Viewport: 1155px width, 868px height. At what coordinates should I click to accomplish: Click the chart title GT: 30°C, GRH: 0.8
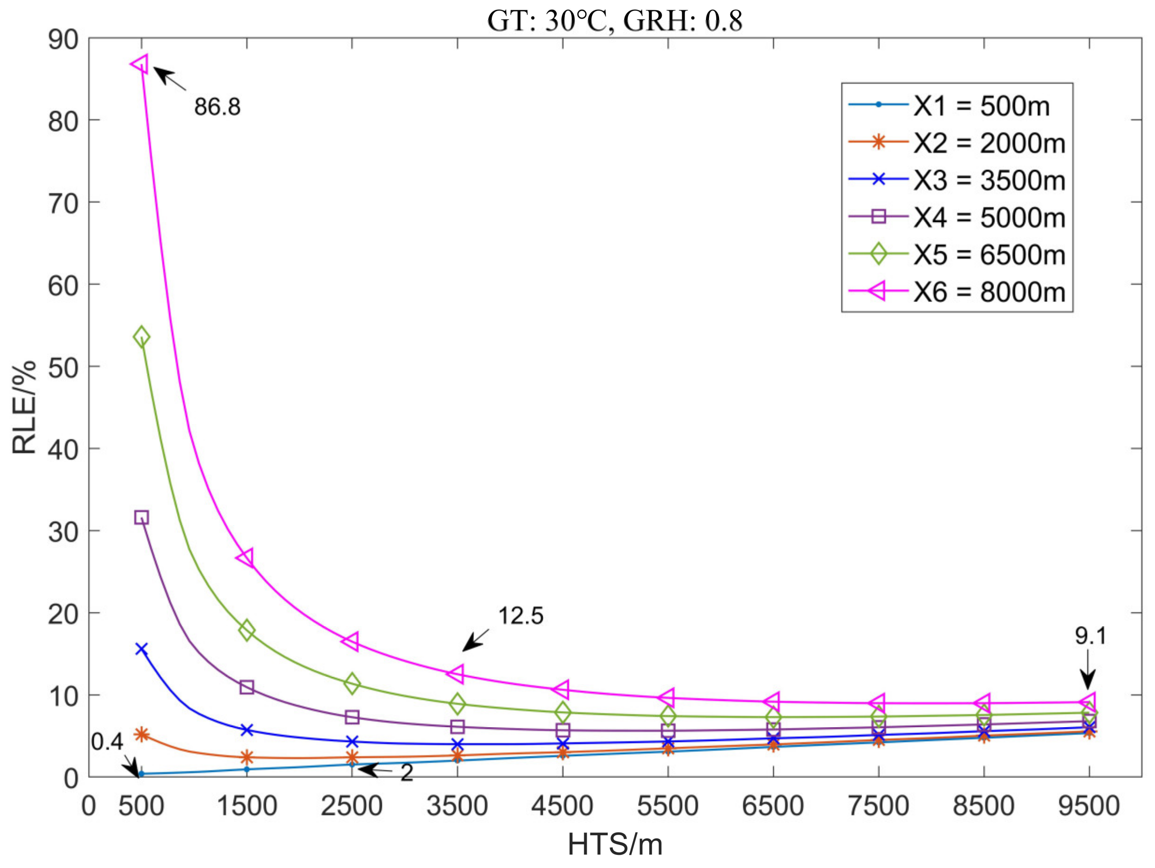tap(615, 21)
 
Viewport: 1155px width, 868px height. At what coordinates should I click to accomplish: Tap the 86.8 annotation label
tap(217, 107)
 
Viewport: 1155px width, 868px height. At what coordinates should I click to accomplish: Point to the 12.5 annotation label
tap(521, 616)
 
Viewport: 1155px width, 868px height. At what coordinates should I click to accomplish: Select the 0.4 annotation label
tap(107, 742)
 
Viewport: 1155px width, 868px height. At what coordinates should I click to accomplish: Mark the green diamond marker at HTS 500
tap(141, 338)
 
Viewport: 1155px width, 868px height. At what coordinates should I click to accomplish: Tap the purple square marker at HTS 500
tap(141, 517)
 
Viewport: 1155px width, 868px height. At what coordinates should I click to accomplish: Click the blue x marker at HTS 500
tap(141, 649)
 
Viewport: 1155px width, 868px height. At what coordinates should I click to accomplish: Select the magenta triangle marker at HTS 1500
tap(246, 557)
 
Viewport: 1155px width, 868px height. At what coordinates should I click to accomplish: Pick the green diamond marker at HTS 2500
tap(352, 683)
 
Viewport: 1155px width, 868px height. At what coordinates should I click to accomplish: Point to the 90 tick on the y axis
tap(63, 40)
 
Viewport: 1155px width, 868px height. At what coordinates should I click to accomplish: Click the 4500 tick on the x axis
tap(562, 806)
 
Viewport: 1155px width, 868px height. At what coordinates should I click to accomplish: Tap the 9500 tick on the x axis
tap(1089, 806)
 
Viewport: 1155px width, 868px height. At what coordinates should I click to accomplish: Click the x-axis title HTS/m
tap(615, 845)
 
